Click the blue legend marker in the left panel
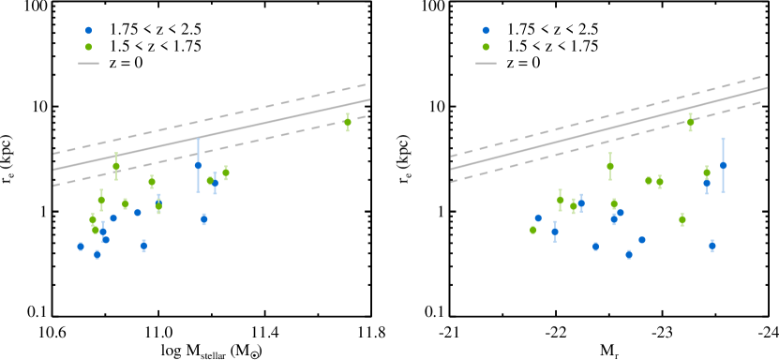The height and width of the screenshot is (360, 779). click(89, 30)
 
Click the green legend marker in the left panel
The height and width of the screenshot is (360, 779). click(89, 47)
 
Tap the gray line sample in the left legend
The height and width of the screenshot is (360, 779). click(89, 63)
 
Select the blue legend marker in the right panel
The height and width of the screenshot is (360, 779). click(486, 30)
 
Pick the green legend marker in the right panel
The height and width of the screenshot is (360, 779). click(486, 47)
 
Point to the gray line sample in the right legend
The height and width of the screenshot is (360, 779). click(486, 63)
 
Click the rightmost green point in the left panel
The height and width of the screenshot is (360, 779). click(348, 122)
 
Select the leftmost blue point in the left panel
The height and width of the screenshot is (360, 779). click(81, 247)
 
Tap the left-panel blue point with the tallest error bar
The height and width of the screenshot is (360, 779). click(198, 165)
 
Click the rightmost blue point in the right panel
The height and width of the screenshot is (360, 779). click(723, 165)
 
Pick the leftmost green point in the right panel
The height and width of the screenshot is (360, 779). click(533, 230)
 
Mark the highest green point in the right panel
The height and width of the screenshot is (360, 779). click(691, 121)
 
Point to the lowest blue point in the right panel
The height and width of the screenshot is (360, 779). click(629, 254)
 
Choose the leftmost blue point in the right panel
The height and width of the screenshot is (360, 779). click(538, 218)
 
